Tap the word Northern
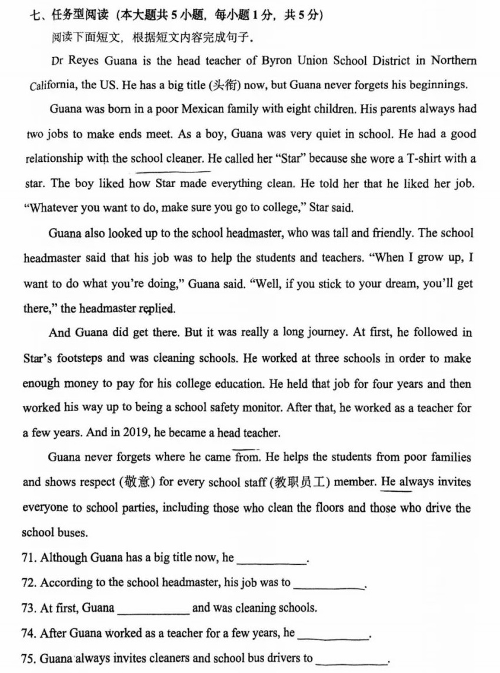[x=454, y=61]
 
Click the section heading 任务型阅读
[x=72, y=16]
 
